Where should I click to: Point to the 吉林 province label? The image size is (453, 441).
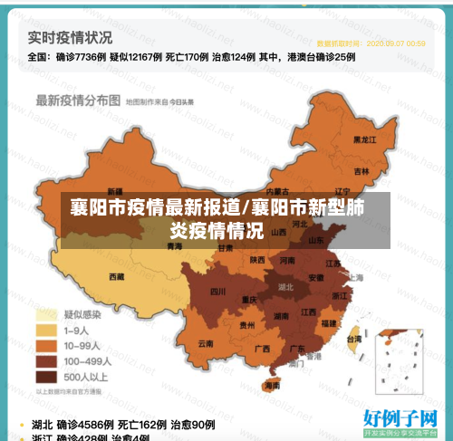point(361,170)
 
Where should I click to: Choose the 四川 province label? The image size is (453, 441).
point(217,292)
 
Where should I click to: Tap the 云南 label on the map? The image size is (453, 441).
point(206,344)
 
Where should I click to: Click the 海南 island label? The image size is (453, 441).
point(272,385)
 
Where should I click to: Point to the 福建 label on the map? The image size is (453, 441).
point(329,323)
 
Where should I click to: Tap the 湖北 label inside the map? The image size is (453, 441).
point(285,286)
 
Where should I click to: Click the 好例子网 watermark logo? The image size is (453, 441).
point(400,419)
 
